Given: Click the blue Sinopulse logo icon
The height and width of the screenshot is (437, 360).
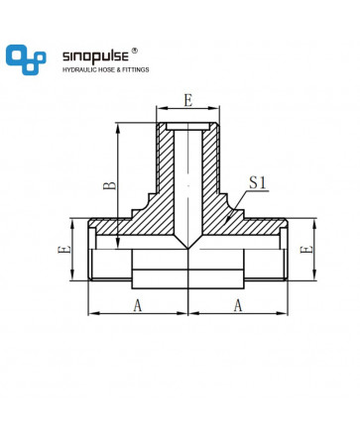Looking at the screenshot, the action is (26, 59).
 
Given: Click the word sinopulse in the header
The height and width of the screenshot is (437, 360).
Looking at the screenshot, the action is (95, 56).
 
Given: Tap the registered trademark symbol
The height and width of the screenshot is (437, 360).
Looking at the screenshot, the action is (135, 51).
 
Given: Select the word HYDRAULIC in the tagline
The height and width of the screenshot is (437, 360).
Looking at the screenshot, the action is (78, 70).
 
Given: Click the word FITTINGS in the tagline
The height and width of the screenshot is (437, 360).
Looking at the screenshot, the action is (136, 70).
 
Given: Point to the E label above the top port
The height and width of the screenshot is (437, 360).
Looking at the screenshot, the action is (188, 100).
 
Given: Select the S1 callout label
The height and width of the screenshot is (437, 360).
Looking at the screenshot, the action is (258, 182).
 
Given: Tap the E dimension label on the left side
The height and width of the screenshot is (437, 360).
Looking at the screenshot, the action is (64, 249).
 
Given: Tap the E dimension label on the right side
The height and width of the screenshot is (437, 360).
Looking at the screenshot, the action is (305, 249).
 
